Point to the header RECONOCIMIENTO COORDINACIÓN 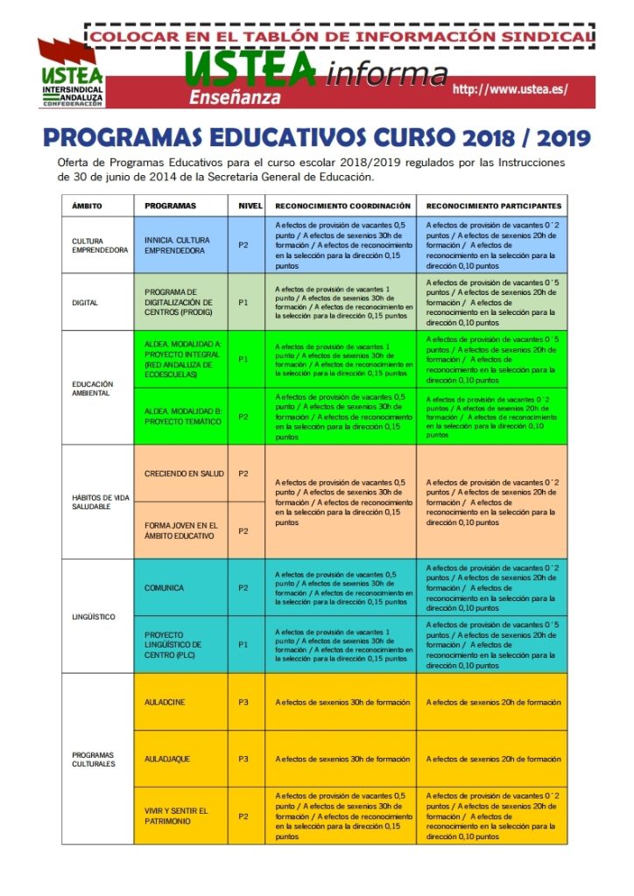(341, 206)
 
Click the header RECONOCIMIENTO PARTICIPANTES (493, 206)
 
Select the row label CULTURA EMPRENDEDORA (100, 245)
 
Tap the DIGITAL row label (85, 303)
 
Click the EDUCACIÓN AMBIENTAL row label (92, 388)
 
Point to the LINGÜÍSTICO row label (93, 617)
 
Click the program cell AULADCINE (165, 702)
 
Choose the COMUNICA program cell (165, 588)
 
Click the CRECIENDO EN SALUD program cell (184, 473)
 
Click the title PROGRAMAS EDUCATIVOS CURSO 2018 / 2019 (316, 139)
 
